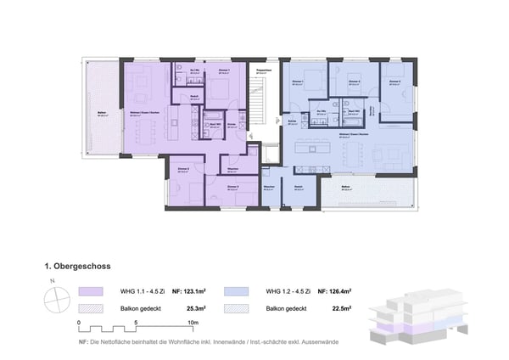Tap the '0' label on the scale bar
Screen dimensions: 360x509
(x=79, y=323)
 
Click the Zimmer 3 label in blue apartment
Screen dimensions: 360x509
(x=394, y=82)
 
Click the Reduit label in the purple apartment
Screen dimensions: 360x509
(x=194, y=97)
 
